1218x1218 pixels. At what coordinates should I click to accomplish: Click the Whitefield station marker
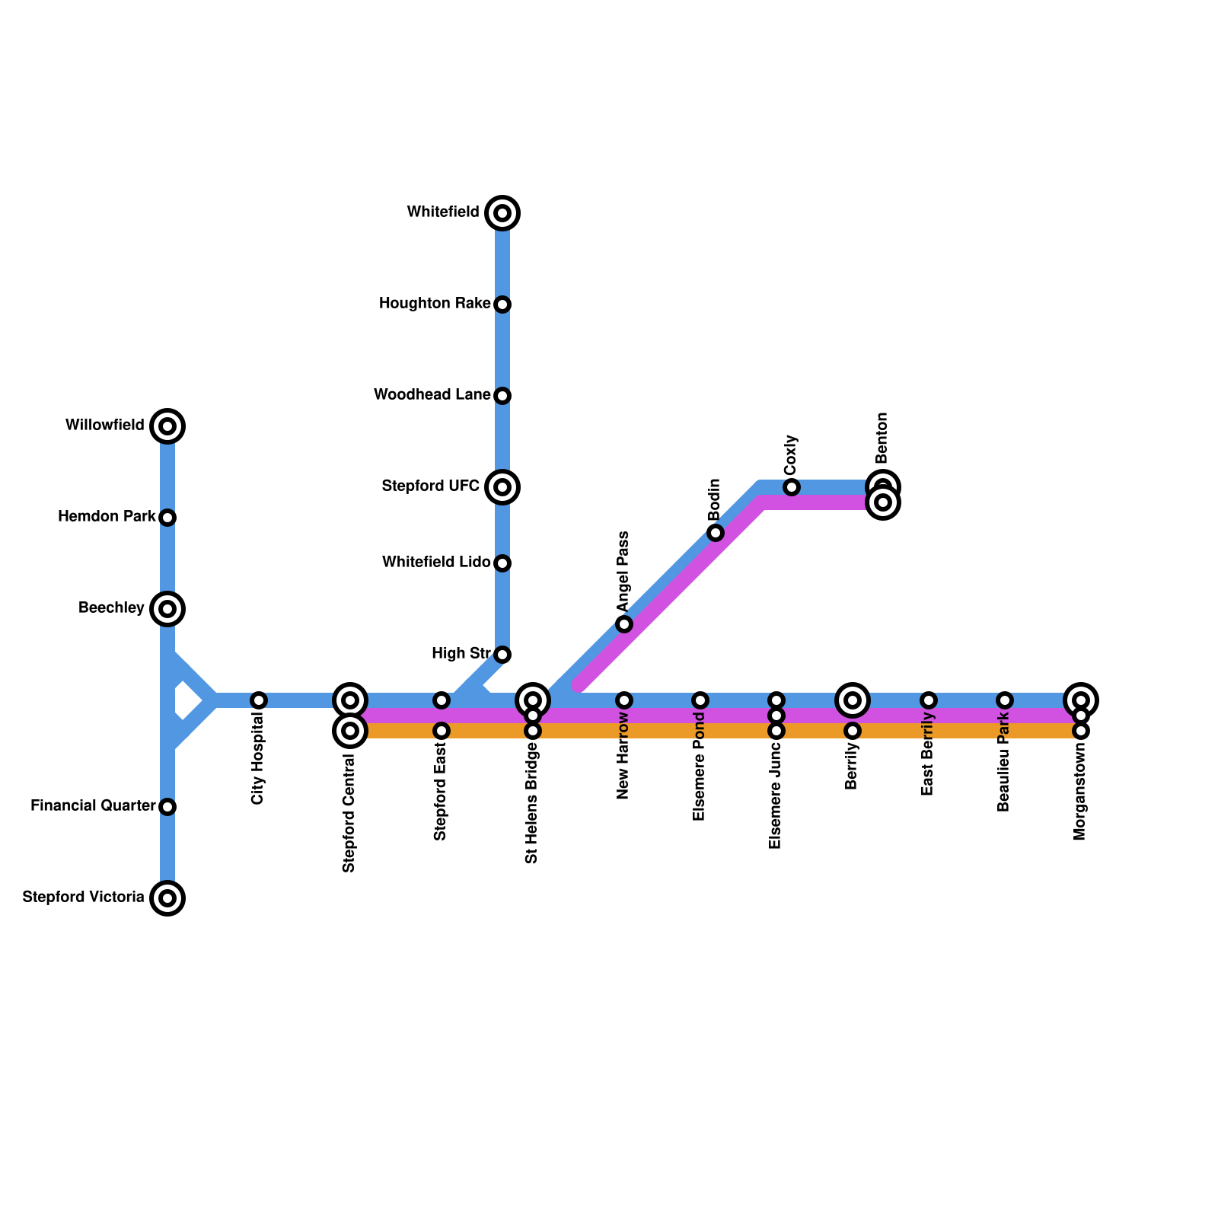click(502, 213)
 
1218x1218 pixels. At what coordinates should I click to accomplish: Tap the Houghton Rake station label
click(434, 304)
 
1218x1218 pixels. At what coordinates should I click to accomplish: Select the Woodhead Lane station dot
click(502, 396)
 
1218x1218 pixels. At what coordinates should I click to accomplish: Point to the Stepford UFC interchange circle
click(502, 487)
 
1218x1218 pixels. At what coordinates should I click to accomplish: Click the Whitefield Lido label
click(435, 563)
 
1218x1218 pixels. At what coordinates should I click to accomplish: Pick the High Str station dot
click(502, 655)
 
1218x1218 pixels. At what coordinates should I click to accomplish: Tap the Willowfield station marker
click(167, 426)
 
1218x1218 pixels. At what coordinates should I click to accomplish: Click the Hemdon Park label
click(107, 517)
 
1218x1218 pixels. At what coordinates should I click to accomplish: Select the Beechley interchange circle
click(167, 609)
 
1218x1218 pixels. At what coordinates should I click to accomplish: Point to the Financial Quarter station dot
click(167, 807)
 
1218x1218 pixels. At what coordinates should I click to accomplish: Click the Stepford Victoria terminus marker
click(167, 898)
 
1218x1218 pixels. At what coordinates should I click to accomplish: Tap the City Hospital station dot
click(259, 700)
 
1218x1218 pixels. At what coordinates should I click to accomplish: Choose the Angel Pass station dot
click(624, 624)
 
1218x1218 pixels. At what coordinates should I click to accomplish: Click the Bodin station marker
click(716, 533)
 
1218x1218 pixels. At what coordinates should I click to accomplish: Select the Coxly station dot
click(792, 487)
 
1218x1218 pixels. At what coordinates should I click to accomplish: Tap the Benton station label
click(882, 438)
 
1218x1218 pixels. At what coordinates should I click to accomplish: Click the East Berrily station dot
click(929, 700)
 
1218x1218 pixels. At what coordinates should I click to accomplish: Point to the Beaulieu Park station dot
click(1005, 700)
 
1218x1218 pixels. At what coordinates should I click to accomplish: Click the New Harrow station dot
click(624, 700)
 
